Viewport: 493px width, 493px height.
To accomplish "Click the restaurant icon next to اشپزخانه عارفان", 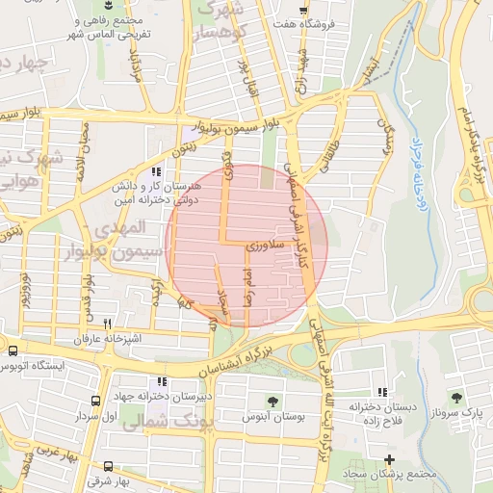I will (x=108, y=324).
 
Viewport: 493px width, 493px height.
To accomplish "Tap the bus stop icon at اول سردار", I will (x=95, y=402).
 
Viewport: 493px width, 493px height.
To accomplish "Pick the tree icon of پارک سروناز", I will (x=456, y=397).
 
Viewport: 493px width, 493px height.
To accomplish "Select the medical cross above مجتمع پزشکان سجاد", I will (x=389, y=459).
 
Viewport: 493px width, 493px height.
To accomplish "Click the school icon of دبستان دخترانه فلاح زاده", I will (x=383, y=392).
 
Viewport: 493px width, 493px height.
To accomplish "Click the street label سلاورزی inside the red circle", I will (x=263, y=247).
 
